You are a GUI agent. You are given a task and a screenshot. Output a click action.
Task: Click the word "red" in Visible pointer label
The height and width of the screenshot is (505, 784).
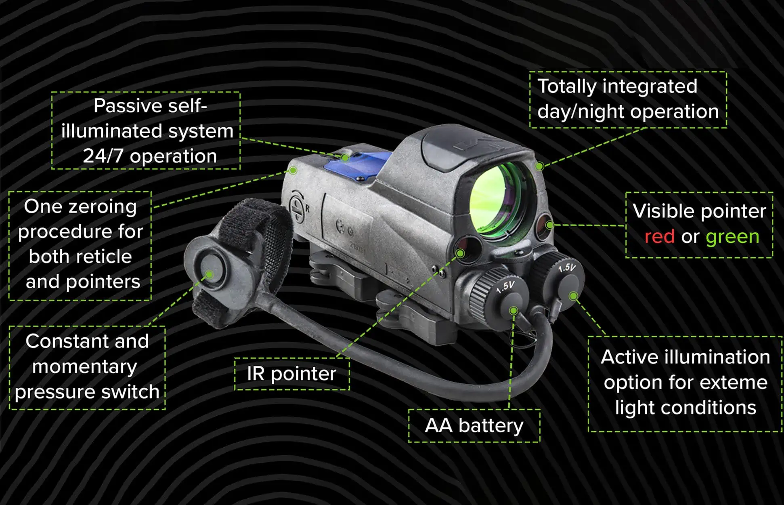click(659, 237)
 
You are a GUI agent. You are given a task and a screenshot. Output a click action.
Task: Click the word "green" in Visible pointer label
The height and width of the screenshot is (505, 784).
click(732, 237)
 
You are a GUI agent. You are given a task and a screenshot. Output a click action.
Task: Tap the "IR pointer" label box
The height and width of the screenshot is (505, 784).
click(291, 374)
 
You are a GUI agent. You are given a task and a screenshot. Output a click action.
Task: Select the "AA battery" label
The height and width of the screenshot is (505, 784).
click(474, 426)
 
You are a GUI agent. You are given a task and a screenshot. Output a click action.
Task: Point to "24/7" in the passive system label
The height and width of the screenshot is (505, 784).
click(103, 156)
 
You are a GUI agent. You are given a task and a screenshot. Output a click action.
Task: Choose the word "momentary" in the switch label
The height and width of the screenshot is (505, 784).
click(85, 367)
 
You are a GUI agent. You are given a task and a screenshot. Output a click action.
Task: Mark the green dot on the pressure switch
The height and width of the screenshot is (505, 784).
click(209, 275)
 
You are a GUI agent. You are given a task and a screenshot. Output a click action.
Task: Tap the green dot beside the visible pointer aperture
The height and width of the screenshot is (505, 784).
click(549, 225)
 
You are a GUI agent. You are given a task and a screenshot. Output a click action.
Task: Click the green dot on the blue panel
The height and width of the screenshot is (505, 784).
click(345, 158)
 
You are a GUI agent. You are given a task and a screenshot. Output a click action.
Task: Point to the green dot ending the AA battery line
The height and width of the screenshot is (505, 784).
click(514, 310)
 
